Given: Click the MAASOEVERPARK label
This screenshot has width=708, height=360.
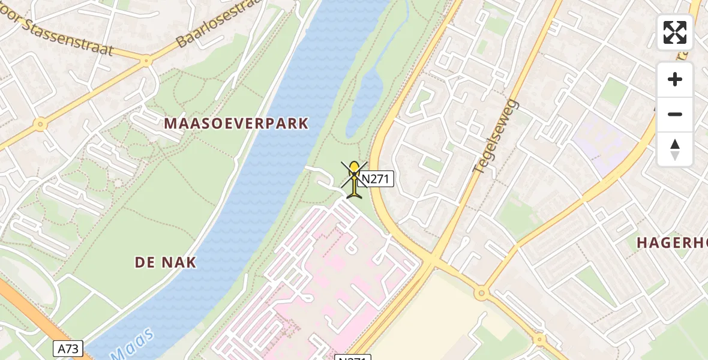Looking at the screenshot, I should point(236,124).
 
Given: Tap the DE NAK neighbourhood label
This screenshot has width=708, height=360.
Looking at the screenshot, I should point(166,262).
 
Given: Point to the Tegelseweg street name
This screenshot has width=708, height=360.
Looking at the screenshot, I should point(495,136).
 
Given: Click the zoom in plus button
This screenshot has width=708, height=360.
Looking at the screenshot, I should point(675,79).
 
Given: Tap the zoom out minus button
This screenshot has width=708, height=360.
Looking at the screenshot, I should point(675,114).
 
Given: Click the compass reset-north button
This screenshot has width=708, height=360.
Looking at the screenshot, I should point(675,149).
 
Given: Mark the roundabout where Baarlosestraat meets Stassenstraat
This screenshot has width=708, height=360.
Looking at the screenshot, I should point(145,61).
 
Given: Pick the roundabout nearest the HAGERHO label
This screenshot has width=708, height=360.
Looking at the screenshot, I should point(481,293).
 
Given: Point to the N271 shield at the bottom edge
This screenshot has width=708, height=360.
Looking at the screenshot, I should point(352,358).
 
